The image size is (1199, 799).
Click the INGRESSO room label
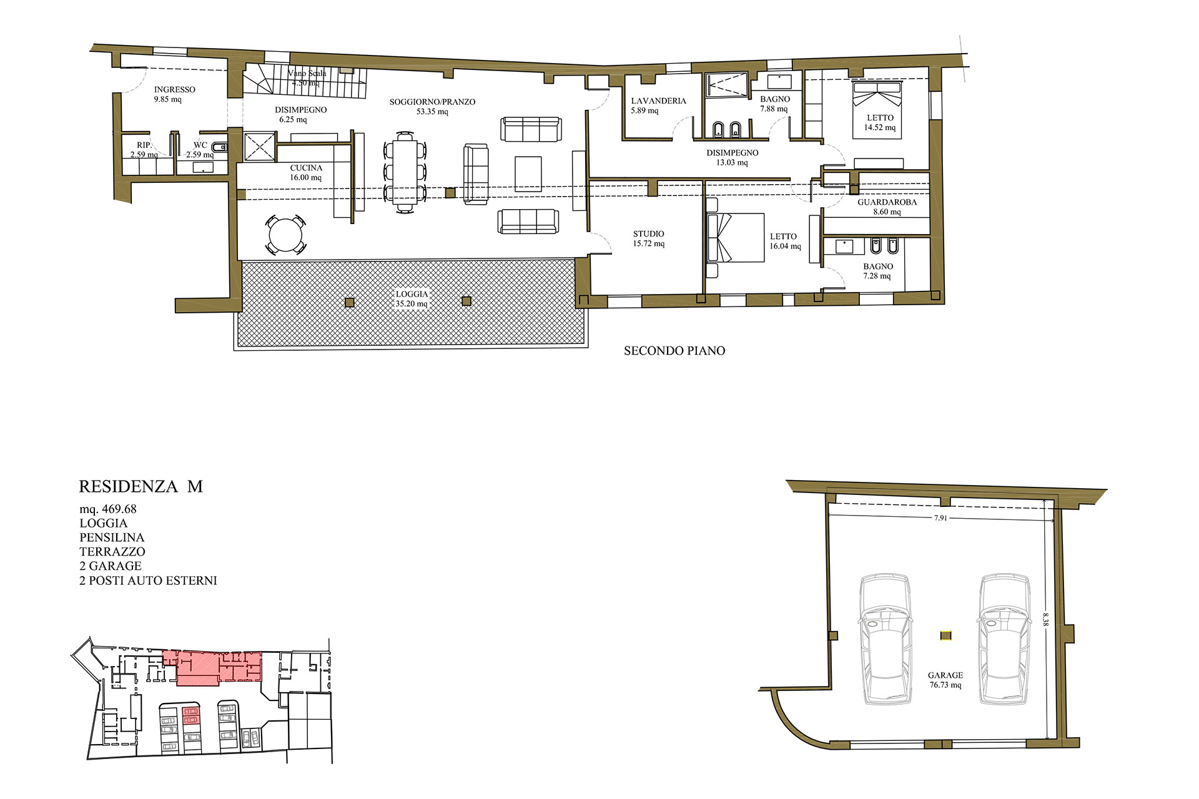(174, 90)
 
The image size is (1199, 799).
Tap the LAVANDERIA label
(658, 101)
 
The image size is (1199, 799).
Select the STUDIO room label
(648, 234)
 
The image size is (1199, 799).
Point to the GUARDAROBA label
(887, 202)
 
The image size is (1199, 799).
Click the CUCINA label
(306, 168)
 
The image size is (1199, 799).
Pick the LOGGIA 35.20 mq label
(412, 299)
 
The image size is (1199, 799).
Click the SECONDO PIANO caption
(674, 351)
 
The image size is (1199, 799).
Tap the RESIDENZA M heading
(141, 486)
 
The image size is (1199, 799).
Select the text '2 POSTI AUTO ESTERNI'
(148, 581)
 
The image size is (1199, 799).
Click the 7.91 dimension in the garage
(940, 518)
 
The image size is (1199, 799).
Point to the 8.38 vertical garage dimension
(1045, 619)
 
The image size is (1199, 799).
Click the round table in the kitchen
(286, 235)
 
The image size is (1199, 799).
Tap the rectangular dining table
(405, 172)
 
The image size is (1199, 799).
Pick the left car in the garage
(885, 639)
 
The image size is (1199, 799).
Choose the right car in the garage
(1004, 639)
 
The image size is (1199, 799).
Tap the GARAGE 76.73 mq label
(945, 680)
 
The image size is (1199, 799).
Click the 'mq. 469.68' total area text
(108, 509)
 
